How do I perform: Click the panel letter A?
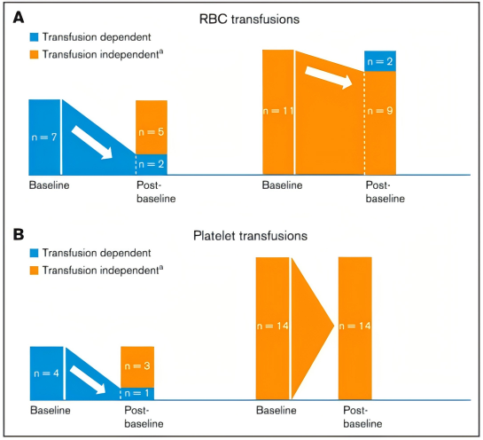[19, 17]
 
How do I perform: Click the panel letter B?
[19, 234]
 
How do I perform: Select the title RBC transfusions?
[249, 20]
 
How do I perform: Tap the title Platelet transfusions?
[250, 236]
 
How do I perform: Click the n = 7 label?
[44, 137]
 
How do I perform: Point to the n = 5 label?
[151, 132]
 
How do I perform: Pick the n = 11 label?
[278, 111]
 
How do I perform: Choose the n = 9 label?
[380, 111]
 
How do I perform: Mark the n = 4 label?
[46, 373]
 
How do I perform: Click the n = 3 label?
[137, 366]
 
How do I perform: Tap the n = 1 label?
[136, 393]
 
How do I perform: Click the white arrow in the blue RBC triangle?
[92, 143]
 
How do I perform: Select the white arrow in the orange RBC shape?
[329, 77]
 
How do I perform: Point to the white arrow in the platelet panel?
[88, 380]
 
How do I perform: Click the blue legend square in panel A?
[34, 37]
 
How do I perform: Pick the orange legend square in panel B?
[34, 270]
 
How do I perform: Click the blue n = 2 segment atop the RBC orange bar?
[380, 61]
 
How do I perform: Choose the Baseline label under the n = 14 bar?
[276, 410]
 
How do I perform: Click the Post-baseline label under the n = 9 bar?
[385, 192]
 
